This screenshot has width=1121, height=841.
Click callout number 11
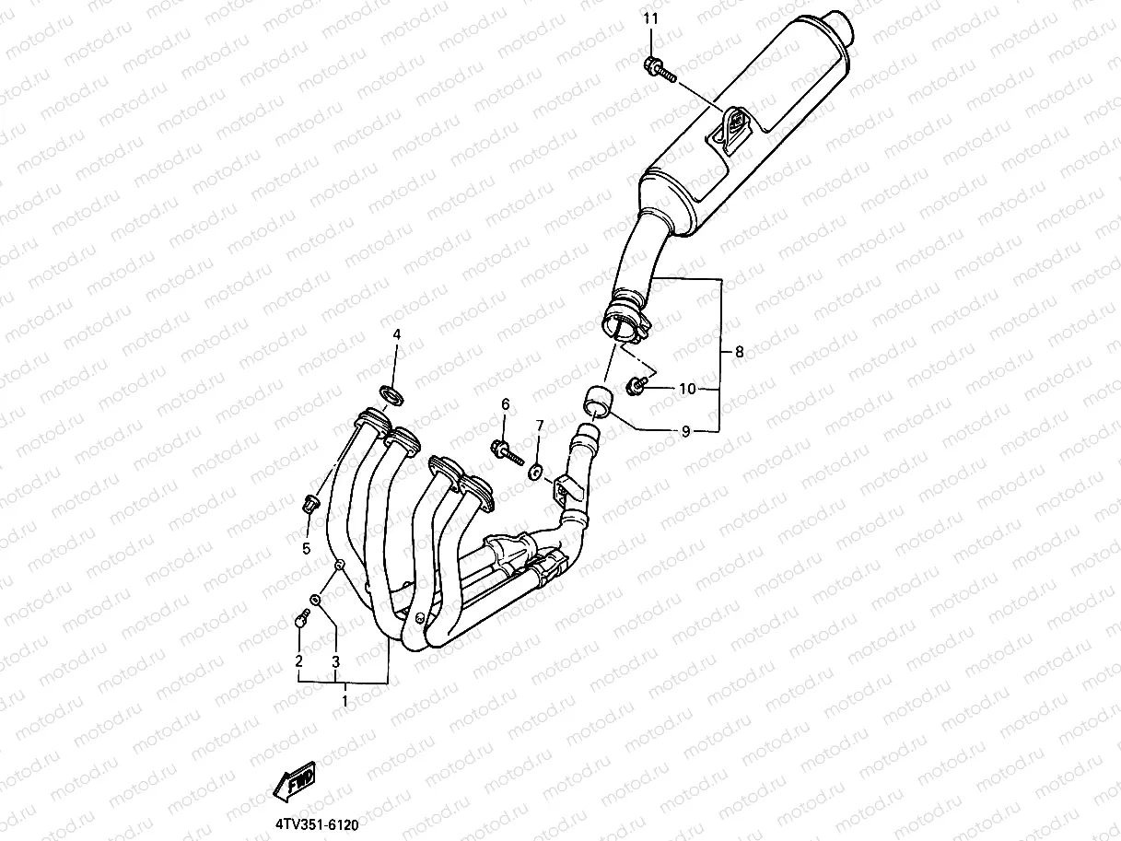tap(651, 19)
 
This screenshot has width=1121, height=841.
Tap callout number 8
tap(739, 351)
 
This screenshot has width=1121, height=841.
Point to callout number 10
tap(687, 389)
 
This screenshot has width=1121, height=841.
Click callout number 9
tap(685, 431)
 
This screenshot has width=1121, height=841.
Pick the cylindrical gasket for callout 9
tap(594, 403)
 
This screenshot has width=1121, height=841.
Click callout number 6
tap(505, 404)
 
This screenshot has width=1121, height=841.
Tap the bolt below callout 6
tap(504, 450)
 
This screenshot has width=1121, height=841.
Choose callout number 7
tap(540, 426)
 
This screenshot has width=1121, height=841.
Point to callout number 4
tap(397, 334)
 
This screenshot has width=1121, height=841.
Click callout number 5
tap(307, 549)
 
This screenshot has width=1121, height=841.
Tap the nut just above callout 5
tap(309, 503)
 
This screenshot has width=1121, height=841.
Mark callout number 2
tap(298, 660)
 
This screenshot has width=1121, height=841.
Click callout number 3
tap(336, 661)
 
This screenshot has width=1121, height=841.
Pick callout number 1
tap(344, 701)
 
